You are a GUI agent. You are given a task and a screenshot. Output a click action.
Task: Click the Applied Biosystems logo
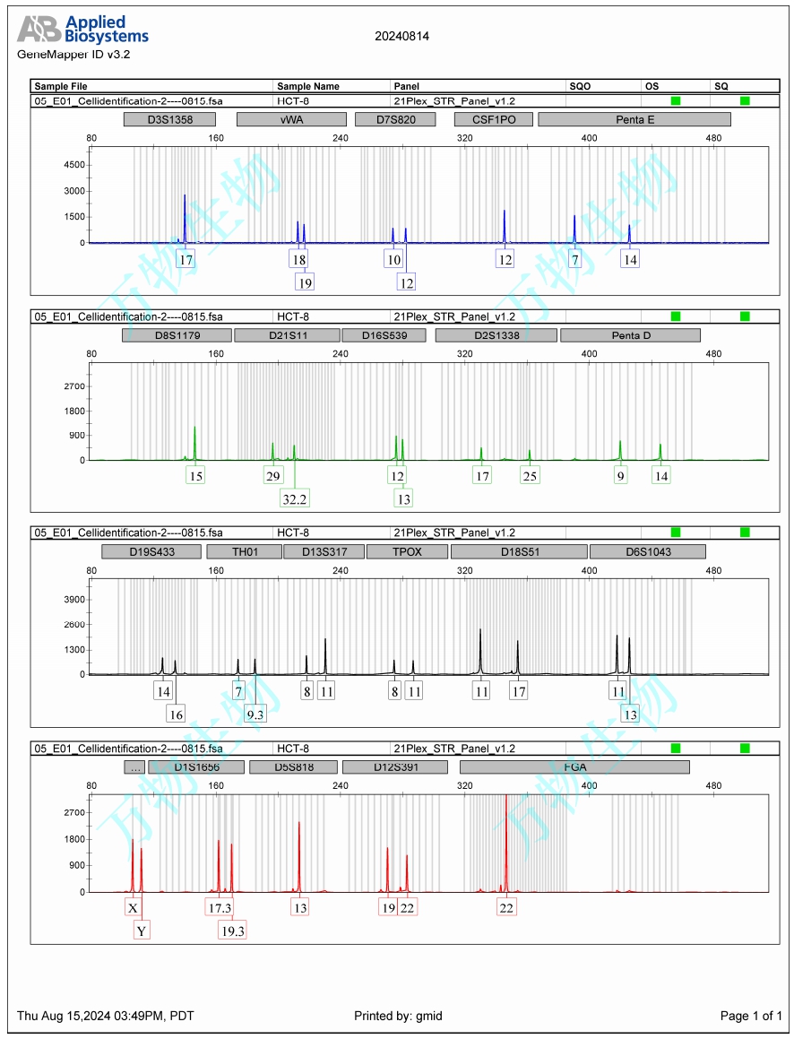pyautogui.click(x=82, y=30)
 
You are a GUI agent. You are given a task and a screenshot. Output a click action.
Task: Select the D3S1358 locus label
pyautogui.click(x=170, y=119)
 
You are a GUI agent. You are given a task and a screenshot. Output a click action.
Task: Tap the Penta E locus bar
pyautogui.click(x=634, y=119)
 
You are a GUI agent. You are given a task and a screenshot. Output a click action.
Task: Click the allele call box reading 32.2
pyautogui.click(x=295, y=498)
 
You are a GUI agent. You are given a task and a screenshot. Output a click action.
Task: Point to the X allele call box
pyautogui.click(x=133, y=908)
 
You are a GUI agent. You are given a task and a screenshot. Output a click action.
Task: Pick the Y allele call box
pyautogui.click(x=142, y=931)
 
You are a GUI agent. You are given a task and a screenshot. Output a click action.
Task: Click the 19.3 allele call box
pyautogui.click(x=232, y=931)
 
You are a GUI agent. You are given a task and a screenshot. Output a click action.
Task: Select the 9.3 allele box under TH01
pyautogui.click(x=255, y=714)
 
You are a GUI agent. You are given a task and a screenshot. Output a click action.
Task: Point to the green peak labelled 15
pyautogui.click(x=194, y=444)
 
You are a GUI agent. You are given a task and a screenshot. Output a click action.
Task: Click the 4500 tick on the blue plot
pyautogui.click(x=73, y=165)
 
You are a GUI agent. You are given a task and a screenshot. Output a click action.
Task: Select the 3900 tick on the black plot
pyautogui.click(x=73, y=599)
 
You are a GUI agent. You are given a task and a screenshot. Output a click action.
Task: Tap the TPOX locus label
pyautogui.click(x=407, y=551)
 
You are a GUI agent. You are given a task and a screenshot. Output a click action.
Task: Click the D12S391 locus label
pyautogui.click(x=395, y=767)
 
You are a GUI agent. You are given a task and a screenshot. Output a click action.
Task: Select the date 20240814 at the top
pyautogui.click(x=401, y=37)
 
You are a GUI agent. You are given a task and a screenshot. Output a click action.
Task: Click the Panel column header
pyautogui.click(x=406, y=86)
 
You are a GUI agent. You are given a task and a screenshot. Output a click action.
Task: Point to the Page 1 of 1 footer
pyautogui.click(x=751, y=1016)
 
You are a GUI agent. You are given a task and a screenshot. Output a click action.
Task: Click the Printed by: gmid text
pyautogui.click(x=398, y=1016)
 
